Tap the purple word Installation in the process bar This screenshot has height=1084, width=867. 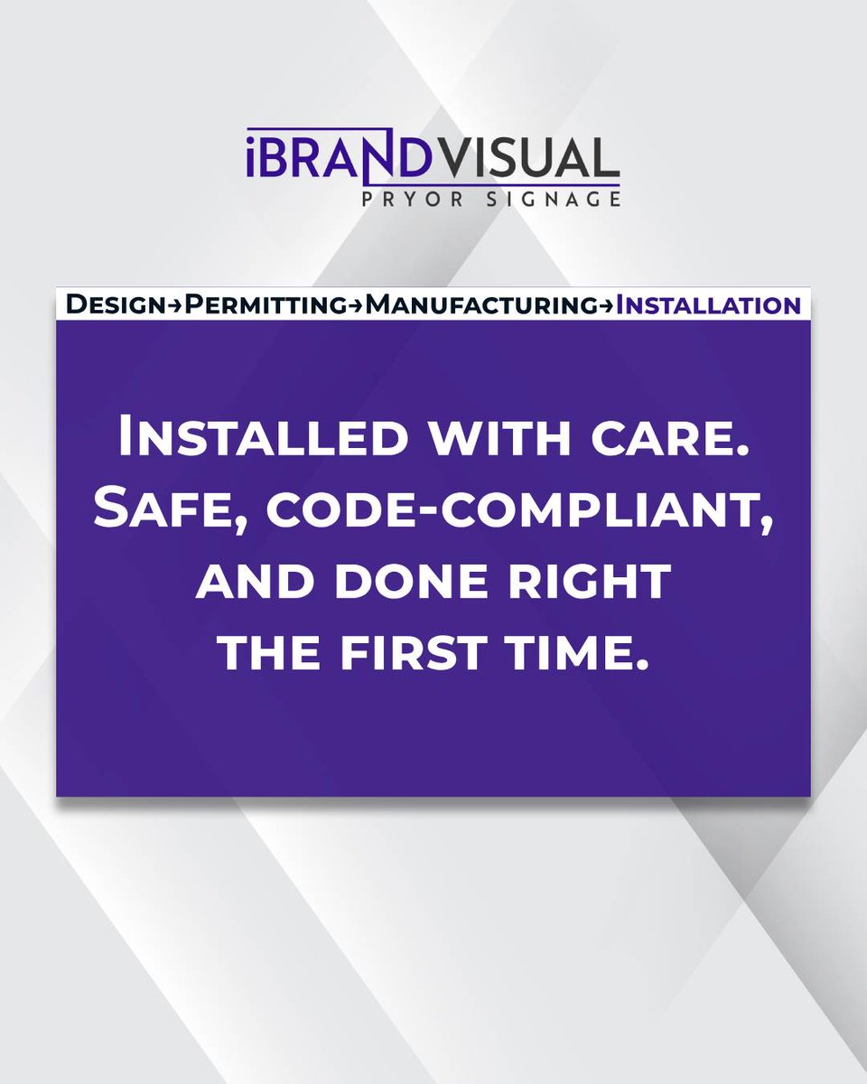(707, 305)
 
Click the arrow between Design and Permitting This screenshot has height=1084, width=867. (176, 306)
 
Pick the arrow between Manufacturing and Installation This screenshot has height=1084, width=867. (606, 306)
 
